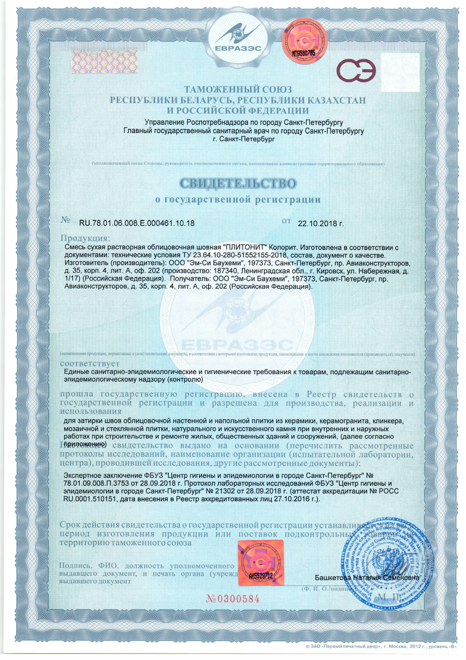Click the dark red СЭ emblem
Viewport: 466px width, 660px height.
[356, 71]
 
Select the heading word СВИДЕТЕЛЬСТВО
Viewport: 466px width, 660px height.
[238, 184]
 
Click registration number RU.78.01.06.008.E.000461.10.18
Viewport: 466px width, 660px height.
[137, 223]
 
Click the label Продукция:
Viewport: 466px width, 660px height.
[86, 238]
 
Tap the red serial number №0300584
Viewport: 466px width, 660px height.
[233, 599]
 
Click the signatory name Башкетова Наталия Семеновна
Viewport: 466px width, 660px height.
[367, 577]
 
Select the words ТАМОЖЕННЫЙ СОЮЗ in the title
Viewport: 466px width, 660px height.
[238, 90]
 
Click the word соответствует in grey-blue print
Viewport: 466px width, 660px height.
[90, 364]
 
